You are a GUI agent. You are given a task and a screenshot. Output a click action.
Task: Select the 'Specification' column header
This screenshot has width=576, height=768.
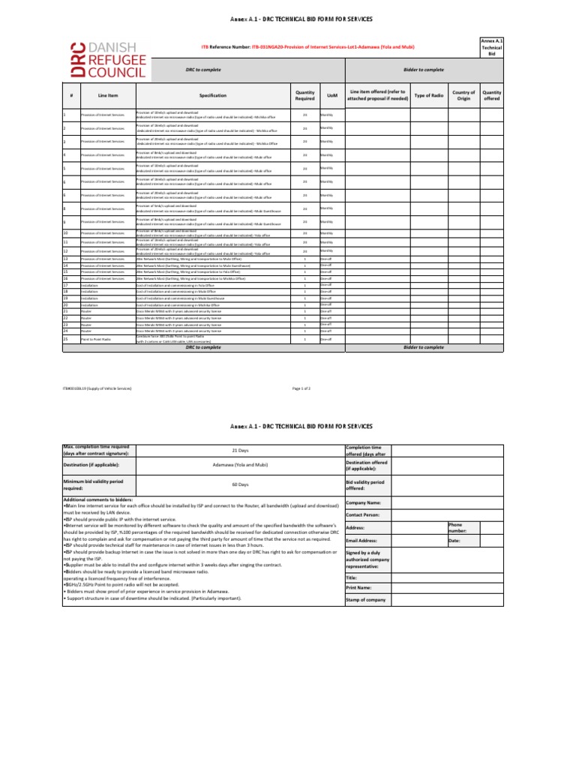tap(212, 95)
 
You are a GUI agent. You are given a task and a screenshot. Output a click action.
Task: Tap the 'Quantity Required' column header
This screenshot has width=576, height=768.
tap(304, 95)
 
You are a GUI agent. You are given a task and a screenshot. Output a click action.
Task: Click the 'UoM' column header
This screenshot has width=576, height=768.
tap(332, 95)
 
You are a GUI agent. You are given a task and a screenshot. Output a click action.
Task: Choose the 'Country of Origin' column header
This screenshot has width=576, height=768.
tap(463, 95)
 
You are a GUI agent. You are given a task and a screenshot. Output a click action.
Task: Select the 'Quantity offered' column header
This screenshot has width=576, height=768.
tap(492, 95)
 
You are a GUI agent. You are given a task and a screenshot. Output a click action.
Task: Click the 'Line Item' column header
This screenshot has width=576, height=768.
tap(108, 95)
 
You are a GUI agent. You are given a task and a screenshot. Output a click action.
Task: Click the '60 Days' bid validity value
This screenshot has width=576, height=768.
tap(240, 484)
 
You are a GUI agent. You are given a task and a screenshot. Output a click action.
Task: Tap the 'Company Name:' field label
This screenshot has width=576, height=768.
tap(364, 502)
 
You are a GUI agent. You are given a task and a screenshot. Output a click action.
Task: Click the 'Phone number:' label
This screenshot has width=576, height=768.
tap(457, 528)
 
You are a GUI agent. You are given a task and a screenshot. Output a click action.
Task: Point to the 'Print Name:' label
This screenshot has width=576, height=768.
tap(361, 588)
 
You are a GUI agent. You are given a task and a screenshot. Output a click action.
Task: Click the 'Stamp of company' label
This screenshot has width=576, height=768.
tap(366, 600)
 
